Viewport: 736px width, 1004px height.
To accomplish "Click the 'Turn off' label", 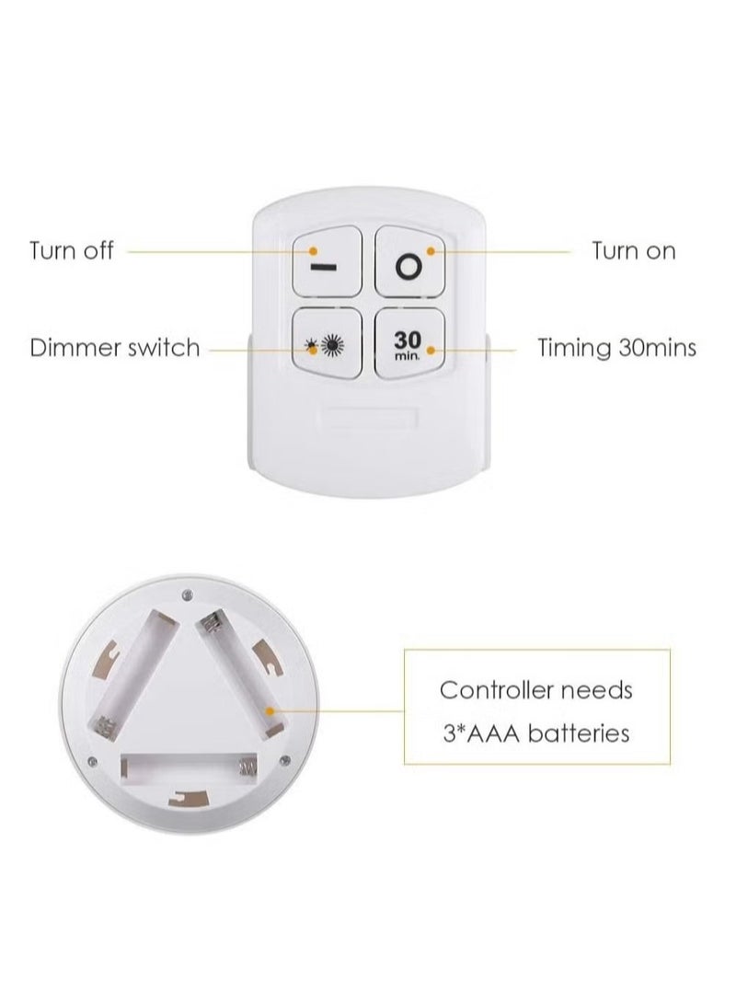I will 72,250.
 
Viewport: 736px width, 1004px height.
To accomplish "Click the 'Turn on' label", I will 633,250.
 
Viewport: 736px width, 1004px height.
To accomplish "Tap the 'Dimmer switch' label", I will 114,348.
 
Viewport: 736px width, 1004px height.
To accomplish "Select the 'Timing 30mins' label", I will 616,348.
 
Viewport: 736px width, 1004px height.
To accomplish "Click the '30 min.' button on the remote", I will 409,344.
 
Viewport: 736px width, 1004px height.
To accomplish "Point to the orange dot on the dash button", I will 314,250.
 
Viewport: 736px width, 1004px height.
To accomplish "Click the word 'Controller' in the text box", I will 492,689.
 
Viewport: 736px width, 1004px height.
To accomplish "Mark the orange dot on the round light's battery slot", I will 267,710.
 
